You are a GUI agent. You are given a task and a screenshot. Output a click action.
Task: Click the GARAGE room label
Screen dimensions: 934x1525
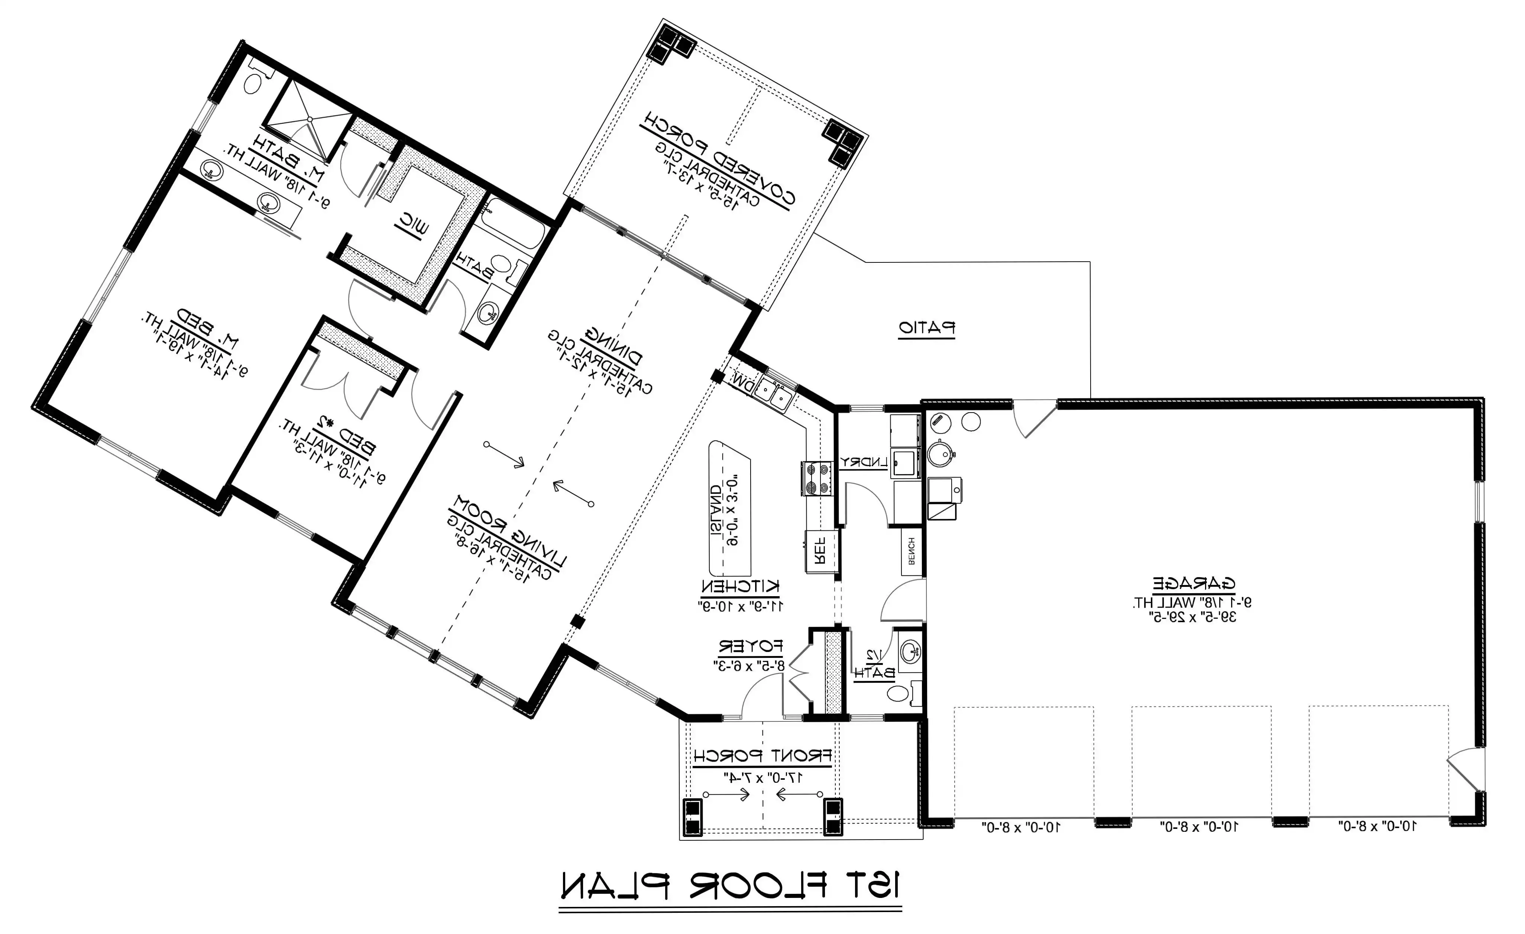tap(1193, 583)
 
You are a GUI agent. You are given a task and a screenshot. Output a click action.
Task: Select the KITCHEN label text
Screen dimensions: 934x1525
tap(740, 586)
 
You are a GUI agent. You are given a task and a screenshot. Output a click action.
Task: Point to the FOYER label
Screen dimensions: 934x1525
tap(750, 647)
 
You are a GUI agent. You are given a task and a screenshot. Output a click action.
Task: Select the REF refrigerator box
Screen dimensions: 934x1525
tap(820, 551)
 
